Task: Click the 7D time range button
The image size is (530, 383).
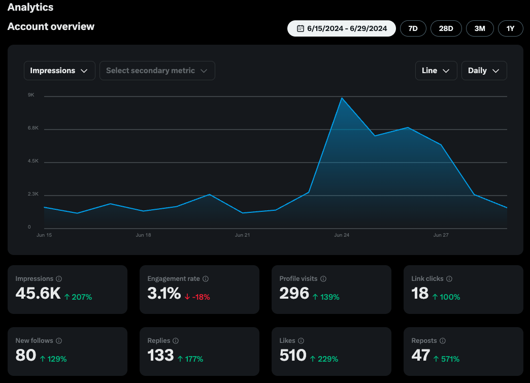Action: point(413,28)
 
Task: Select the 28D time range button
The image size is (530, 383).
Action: point(446,28)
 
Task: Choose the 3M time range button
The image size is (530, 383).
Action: point(480,28)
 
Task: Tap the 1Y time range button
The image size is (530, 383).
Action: point(510,28)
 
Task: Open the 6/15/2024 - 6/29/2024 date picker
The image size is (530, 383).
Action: point(341,28)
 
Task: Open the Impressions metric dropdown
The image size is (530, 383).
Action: point(59,71)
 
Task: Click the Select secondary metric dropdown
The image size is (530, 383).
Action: point(157,71)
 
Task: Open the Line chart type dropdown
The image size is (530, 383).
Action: point(436,71)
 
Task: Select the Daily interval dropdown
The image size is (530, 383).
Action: point(484,71)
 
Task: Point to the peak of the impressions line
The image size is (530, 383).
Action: point(342,98)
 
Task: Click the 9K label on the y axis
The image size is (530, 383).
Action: point(31,95)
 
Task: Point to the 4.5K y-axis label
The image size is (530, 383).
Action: point(33,161)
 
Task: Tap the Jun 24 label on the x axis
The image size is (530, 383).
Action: point(342,235)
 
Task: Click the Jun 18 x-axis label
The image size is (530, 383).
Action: point(143,235)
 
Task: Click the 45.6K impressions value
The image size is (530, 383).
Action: point(38,293)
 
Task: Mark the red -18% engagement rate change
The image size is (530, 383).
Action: point(197,297)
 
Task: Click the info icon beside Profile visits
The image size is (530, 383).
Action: point(323,279)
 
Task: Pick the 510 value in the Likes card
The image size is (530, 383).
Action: point(293,355)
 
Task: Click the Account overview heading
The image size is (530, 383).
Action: point(51,26)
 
